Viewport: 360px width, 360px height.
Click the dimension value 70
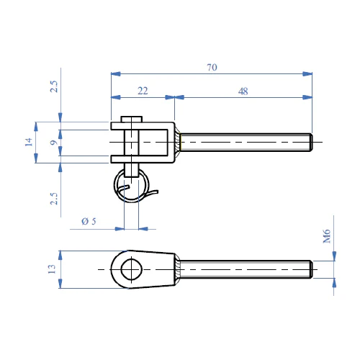click(x=212, y=68)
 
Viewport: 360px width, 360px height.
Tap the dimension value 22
click(x=143, y=91)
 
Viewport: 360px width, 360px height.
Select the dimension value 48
click(x=243, y=91)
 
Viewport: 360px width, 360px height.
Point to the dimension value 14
click(x=29, y=142)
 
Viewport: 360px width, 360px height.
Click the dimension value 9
click(x=54, y=143)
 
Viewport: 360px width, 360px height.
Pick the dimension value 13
click(x=52, y=269)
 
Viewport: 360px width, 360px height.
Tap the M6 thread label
click(x=327, y=236)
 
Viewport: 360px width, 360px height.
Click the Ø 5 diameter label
click(x=89, y=221)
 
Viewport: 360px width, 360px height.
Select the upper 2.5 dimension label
click(x=54, y=86)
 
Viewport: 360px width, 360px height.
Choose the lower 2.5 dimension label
click(x=54, y=199)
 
